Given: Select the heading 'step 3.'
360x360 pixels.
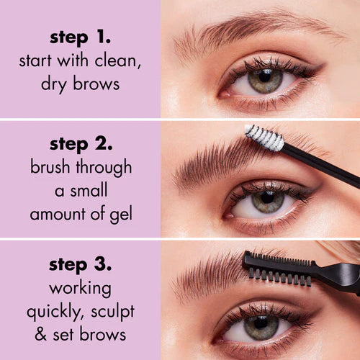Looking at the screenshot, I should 79,264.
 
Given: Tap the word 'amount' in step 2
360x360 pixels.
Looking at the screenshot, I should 57,214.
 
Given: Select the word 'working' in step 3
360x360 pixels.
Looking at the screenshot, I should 79,288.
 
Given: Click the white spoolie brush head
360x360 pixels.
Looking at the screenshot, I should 264,137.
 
